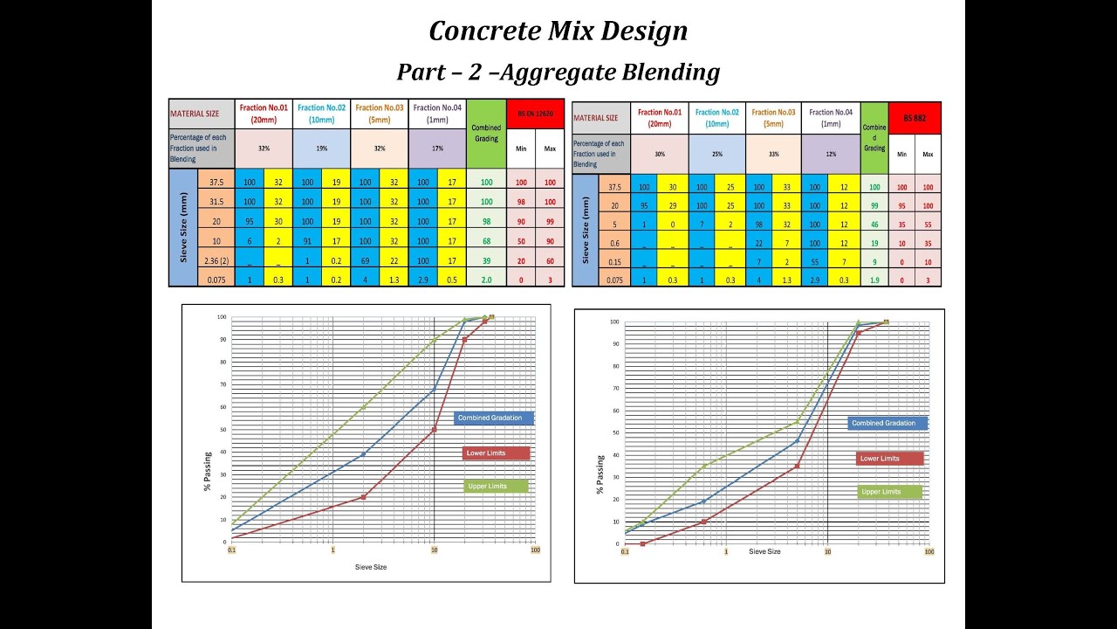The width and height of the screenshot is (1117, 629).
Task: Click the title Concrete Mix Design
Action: click(x=558, y=31)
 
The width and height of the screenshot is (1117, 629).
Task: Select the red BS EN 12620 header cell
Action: click(x=535, y=114)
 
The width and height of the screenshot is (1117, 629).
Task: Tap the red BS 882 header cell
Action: click(x=915, y=117)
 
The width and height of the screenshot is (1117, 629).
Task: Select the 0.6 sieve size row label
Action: click(x=614, y=243)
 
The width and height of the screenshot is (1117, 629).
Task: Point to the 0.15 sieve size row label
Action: click(x=614, y=261)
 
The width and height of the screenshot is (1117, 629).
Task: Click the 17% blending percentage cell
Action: click(x=437, y=149)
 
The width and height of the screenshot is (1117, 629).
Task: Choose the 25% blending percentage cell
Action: click(x=716, y=155)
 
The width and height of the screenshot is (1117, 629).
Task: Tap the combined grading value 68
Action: click(x=486, y=240)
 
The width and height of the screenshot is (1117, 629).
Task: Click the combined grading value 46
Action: click(x=874, y=225)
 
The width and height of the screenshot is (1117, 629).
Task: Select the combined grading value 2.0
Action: click(x=486, y=280)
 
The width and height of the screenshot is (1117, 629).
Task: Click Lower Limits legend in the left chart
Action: click(x=496, y=453)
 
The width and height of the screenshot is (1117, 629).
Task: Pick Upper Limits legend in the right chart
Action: click(x=889, y=492)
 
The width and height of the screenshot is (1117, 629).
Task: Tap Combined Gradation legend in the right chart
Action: click(x=887, y=423)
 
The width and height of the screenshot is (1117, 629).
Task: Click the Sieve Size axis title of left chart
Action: click(x=370, y=567)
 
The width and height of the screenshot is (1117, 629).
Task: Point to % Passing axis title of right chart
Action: click(x=601, y=474)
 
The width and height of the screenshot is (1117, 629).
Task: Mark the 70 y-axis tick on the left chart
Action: click(x=223, y=384)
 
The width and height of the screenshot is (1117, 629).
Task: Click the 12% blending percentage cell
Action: click(x=830, y=155)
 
